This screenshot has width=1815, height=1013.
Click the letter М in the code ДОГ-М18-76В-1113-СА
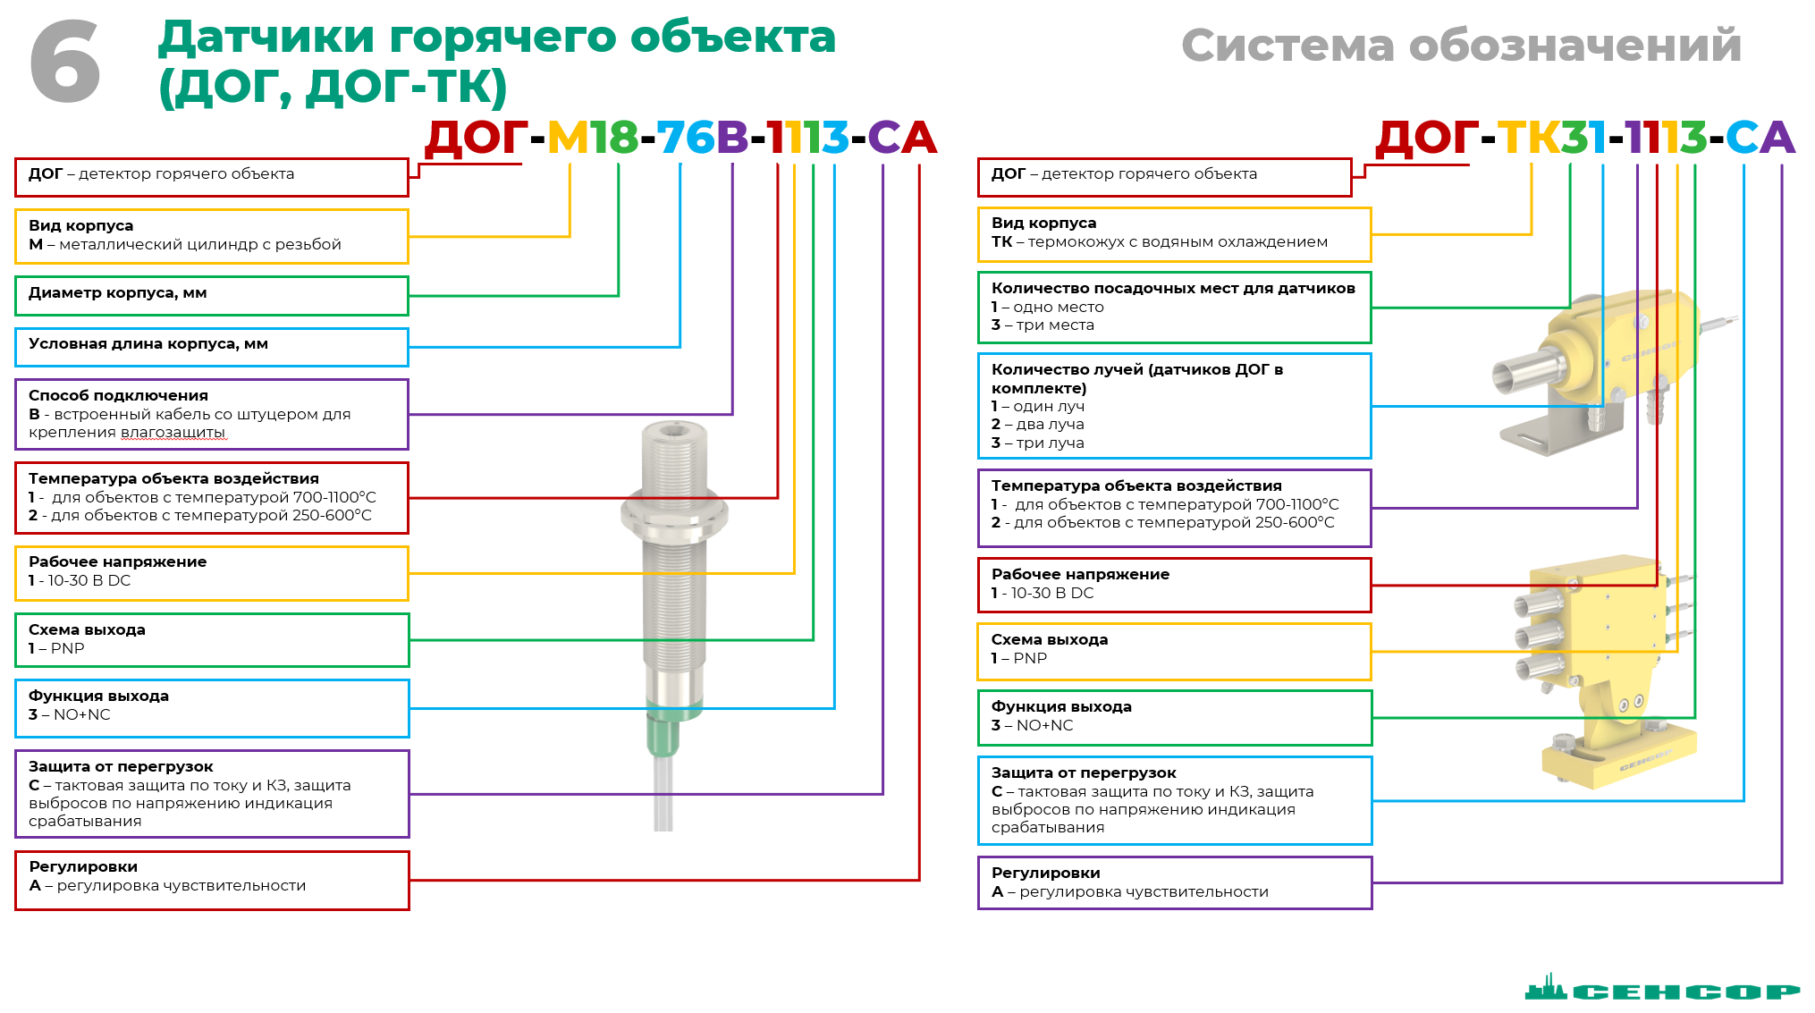pyautogui.click(x=568, y=138)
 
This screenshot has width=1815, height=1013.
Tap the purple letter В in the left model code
pyautogui.click(x=732, y=138)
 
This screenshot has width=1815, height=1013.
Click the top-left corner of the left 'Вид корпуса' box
pyautogui.click(x=15, y=210)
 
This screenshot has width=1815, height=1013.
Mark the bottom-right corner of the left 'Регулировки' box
pyautogui.click(x=409, y=909)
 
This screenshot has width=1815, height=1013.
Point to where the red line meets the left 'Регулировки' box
pyautogui.click(x=409, y=881)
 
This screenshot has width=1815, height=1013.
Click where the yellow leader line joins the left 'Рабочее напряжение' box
pyautogui.click(x=409, y=573)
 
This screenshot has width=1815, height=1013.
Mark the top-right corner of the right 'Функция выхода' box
pyautogui.click(x=1372, y=690)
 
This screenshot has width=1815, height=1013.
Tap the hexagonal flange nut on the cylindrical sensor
pyautogui.click(x=674, y=514)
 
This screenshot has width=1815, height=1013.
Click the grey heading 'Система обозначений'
pyautogui.click(x=1461, y=45)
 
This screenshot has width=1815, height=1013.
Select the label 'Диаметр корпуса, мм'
pyautogui.click(x=117, y=293)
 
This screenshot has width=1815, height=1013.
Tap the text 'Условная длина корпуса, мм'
pyautogui.click(x=148, y=344)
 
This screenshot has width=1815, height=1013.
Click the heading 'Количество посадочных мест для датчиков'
pyautogui.click(x=1173, y=288)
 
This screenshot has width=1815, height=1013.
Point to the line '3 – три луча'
pyautogui.click(x=1037, y=443)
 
